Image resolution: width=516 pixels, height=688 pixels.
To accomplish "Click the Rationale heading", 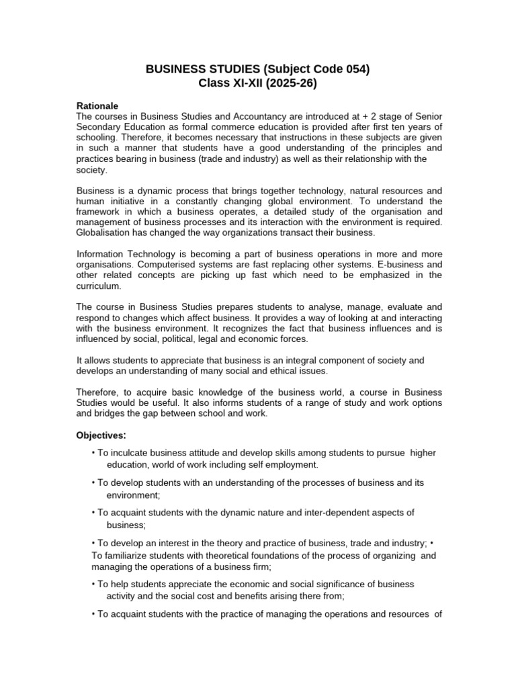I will click(x=98, y=106).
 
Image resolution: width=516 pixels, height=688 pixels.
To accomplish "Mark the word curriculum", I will click(x=99, y=286).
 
